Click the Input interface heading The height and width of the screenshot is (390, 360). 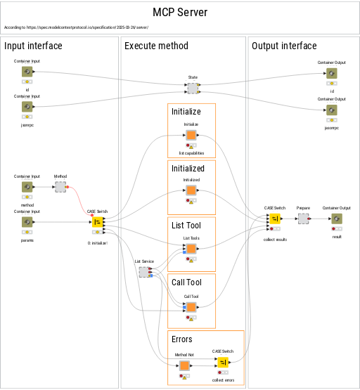33,46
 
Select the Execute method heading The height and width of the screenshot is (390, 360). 156,46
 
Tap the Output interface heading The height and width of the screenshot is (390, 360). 284,46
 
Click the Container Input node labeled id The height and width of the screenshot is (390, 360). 27,72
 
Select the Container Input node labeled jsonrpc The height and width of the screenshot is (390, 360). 27,107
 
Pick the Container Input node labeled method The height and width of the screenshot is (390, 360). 27,187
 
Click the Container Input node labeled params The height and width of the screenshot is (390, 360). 27,222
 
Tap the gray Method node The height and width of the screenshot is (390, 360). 60,187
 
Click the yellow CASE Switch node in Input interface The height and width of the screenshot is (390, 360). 97,222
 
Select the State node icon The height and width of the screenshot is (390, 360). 193,89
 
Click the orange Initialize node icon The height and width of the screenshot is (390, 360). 191,135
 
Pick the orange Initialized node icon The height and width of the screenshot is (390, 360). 191,191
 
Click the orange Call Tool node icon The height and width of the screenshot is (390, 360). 191,307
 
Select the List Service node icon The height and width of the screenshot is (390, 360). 143,272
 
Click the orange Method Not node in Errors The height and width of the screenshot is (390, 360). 184,365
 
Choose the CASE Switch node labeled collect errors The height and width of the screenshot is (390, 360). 223,363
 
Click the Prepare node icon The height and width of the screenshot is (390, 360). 303,219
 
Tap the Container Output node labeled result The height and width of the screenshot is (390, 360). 337,219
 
